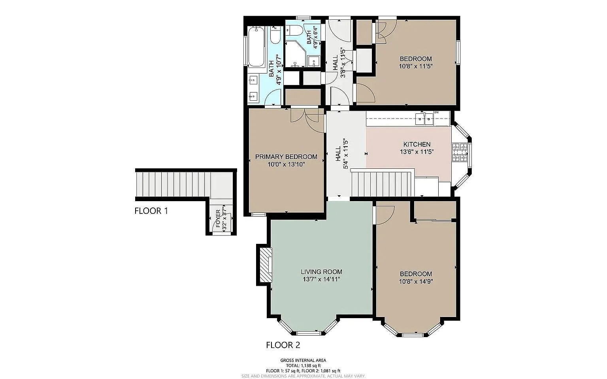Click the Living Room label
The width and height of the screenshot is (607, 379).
321,272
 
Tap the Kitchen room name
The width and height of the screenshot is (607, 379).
417,144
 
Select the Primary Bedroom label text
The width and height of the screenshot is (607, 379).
286,157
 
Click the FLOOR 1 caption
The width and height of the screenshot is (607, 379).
151,211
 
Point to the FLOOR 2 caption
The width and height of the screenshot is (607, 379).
283,345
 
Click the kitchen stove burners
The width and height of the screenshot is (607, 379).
460,152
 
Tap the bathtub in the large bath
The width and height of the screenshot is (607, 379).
256,46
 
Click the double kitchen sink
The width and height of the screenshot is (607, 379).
424,119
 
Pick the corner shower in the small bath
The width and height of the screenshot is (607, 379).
295,54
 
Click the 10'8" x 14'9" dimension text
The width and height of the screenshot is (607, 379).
416,281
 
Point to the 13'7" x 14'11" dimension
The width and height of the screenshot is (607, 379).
321,279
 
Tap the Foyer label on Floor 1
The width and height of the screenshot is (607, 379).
218,219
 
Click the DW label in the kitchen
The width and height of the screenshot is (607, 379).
436,112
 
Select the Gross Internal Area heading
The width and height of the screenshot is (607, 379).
303,360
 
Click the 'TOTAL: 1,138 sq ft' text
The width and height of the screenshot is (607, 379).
303,366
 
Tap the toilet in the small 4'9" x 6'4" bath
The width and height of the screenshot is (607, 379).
294,30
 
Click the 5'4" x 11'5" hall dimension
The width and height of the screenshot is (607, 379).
345,154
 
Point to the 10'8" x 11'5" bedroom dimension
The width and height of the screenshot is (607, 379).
416,66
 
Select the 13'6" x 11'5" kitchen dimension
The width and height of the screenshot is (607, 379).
417,152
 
